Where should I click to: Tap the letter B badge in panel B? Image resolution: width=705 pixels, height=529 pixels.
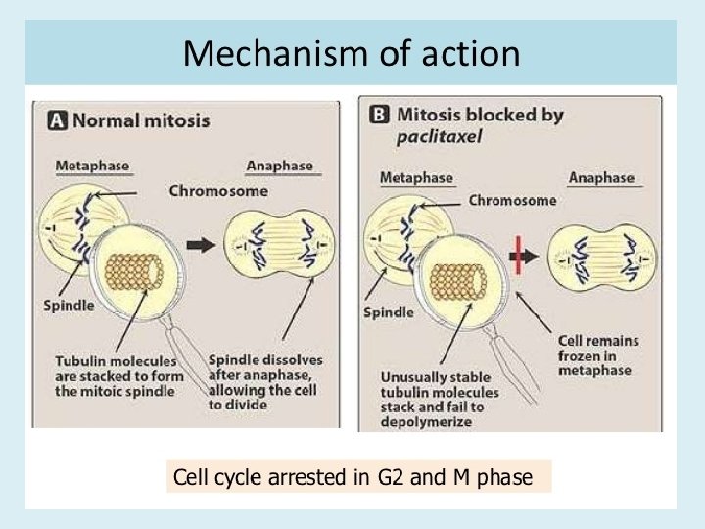(379, 115)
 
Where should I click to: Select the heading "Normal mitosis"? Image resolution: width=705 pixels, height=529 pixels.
(141, 120)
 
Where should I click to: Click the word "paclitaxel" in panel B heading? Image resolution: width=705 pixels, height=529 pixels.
(434, 137)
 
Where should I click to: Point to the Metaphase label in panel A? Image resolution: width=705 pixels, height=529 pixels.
(92, 167)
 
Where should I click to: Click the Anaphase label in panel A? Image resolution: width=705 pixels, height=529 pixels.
(279, 167)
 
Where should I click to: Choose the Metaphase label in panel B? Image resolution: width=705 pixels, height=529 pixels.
(416, 177)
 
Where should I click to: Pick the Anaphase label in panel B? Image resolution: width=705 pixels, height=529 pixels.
(601, 177)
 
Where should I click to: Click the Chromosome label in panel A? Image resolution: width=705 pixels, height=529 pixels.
(217, 191)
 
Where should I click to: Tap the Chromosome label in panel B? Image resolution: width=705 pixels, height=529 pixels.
(512, 200)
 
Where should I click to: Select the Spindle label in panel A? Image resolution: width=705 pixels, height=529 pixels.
(69, 305)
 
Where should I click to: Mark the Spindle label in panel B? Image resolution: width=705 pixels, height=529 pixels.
(389, 313)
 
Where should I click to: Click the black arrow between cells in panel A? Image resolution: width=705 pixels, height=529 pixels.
(201, 246)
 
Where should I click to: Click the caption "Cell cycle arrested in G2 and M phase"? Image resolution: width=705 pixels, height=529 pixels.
(353, 477)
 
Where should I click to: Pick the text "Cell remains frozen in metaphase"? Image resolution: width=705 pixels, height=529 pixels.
(597, 355)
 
